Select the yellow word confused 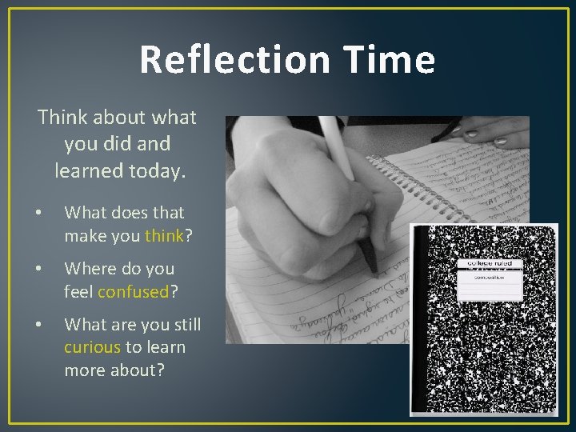point(133,291)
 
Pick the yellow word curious point(92,347)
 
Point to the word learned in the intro point(86,170)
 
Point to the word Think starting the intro point(62,118)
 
